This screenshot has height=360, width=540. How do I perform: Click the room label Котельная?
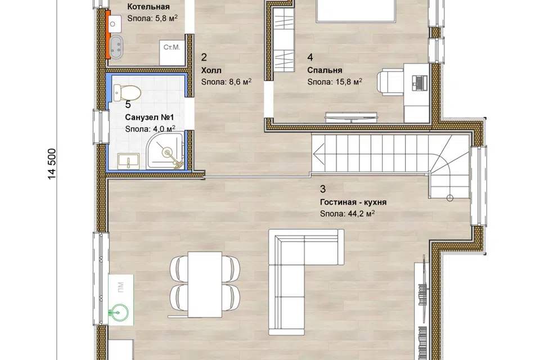[x=148, y=7]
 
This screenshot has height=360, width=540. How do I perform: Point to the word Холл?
[x=211, y=70]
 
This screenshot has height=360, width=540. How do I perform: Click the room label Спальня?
[x=325, y=70]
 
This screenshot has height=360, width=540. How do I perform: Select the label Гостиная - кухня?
[x=353, y=202]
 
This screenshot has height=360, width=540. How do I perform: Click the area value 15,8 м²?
[x=349, y=82]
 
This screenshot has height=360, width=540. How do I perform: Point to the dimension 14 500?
[x=52, y=164]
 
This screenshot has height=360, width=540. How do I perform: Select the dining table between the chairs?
[x=205, y=284]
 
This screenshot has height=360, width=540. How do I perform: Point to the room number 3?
[x=323, y=189]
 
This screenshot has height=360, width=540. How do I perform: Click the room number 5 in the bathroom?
[x=128, y=105]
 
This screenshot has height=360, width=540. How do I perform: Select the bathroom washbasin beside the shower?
[x=128, y=161]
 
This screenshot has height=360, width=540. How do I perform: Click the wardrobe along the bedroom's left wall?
[x=284, y=40]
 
